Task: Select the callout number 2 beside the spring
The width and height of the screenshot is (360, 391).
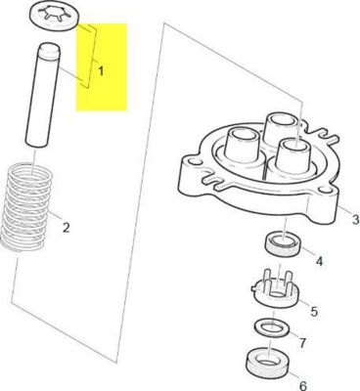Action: click(66, 229)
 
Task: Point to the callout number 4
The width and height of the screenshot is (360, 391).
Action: click(317, 261)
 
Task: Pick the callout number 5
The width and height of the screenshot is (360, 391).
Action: click(314, 311)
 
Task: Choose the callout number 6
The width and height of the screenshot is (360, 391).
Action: click(302, 385)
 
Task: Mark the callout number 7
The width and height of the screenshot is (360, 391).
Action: click(303, 344)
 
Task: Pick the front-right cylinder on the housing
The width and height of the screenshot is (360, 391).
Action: click(292, 161)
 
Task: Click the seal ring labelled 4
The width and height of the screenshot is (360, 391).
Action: click(284, 246)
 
